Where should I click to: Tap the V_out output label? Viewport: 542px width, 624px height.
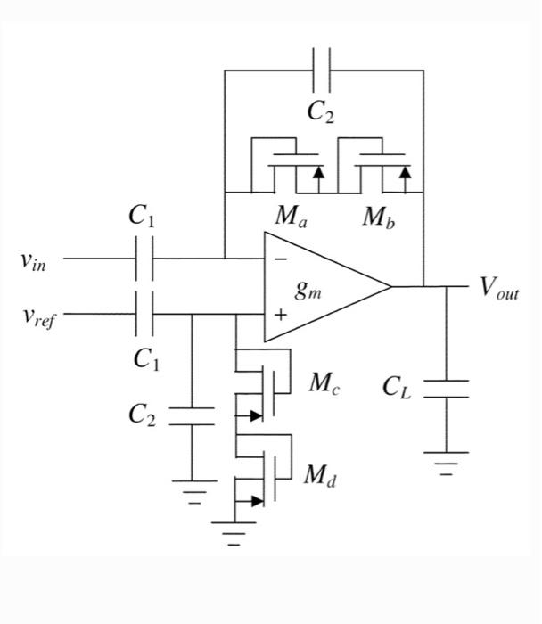497,288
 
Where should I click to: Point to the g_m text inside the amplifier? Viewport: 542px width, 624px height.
308,291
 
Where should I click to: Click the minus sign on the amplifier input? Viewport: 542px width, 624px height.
280,259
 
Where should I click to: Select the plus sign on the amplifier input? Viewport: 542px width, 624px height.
280,314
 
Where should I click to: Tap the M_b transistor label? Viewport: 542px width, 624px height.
379,217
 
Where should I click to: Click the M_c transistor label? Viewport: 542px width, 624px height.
323,384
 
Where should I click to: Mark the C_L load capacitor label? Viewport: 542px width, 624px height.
397,387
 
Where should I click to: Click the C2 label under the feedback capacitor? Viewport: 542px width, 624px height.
321,111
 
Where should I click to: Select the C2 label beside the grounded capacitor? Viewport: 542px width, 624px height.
144,415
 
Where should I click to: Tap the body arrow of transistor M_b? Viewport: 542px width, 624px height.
406,171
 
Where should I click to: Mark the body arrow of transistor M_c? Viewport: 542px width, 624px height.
257,415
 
